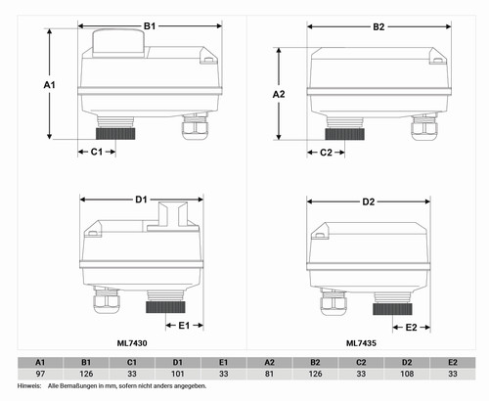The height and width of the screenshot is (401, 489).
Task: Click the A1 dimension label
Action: click(50, 85)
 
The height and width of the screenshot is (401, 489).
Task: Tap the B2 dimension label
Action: click(378, 26)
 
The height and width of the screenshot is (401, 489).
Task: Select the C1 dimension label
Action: click(97, 152)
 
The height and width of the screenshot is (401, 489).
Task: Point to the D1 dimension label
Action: click(141, 200)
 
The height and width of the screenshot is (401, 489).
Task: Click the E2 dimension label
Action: click(411, 327)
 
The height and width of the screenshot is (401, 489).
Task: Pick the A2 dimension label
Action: click(279, 94)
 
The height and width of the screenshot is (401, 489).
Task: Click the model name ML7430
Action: click(132, 343)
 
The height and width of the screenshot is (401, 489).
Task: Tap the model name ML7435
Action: click(361, 343)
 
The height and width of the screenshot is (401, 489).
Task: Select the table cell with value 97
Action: click(40, 374)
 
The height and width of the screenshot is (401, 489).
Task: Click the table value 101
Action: click(178, 374)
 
